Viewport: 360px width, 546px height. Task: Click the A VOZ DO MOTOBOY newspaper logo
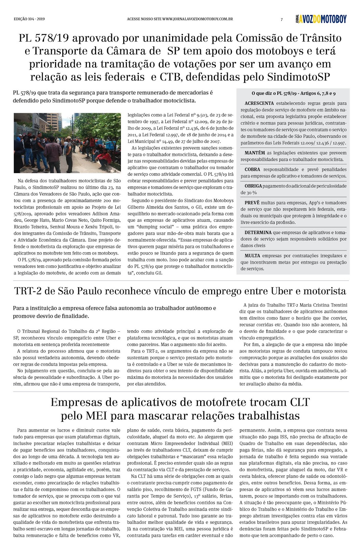[x=321, y=19]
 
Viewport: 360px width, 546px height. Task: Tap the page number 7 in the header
[x=281, y=19]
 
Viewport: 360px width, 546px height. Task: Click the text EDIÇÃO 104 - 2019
[x=29, y=19]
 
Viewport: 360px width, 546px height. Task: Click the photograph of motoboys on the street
[x=67, y=143]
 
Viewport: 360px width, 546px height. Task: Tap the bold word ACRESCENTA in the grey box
[x=259, y=103]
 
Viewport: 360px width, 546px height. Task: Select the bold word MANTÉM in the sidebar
[x=254, y=153]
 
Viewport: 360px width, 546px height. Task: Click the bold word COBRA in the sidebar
[x=252, y=170]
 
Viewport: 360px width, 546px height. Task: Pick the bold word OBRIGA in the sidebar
[x=253, y=186]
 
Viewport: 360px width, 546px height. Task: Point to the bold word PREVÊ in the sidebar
[x=252, y=203]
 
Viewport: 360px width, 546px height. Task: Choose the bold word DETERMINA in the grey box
[x=258, y=233]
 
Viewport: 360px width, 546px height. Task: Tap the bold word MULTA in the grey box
[x=252, y=256]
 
